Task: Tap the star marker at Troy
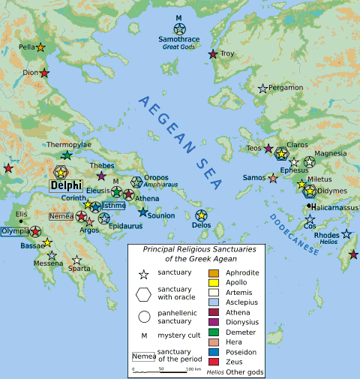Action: tap(213, 54)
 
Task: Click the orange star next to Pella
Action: tap(40, 48)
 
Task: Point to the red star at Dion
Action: tap(44, 74)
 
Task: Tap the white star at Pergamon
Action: tap(262, 89)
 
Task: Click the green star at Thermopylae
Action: tap(67, 155)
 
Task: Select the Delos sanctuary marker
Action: tap(201, 215)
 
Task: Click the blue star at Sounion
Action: tap(142, 213)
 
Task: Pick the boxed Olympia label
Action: tap(14, 232)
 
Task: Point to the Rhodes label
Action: tap(326, 235)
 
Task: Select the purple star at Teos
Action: tap(268, 149)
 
